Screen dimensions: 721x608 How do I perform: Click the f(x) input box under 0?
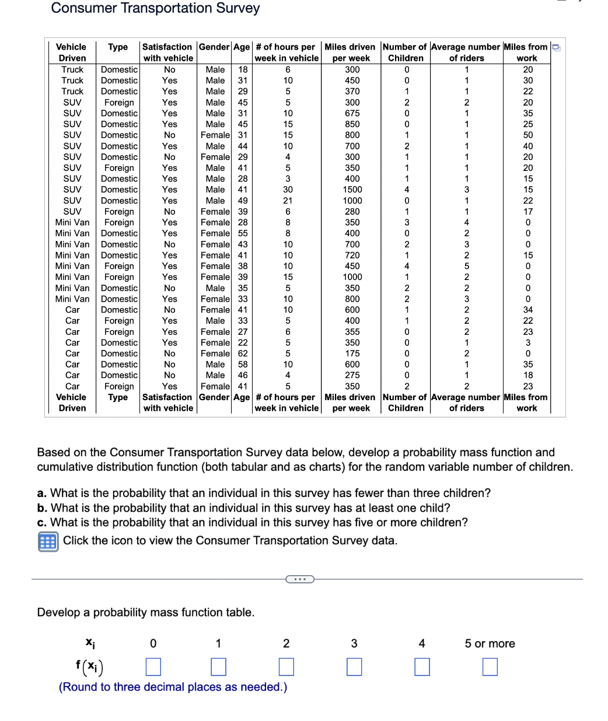click(x=153, y=666)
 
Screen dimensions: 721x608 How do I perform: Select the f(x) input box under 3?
click(x=354, y=666)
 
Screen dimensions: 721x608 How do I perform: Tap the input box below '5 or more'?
click(x=490, y=666)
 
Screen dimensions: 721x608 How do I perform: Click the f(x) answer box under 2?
click(x=286, y=666)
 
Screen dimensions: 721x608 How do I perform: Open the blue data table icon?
click(x=48, y=541)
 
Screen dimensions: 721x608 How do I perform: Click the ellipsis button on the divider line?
click(x=300, y=579)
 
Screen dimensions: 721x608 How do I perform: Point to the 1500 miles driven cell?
click(x=352, y=190)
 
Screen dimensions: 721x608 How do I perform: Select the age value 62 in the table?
click(x=243, y=353)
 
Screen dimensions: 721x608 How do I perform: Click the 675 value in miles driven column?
click(x=352, y=113)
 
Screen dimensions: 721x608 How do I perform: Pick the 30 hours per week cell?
click(x=288, y=190)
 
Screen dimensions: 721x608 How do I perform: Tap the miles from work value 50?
click(x=527, y=135)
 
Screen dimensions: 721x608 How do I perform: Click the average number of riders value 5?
click(x=466, y=266)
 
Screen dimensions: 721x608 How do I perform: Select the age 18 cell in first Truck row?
click(x=243, y=69)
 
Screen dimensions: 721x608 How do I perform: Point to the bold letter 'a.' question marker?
click(x=41, y=494)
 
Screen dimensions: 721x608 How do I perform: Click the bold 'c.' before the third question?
click(x=41, y=523)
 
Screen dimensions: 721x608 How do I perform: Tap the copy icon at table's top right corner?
click(x=556, y=47)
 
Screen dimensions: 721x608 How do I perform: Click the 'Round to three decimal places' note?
click(x=173, y=687)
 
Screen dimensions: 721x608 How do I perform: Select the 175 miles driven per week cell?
click(x=352, y=353)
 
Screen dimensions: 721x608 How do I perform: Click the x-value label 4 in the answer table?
click(x=422, y=643)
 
